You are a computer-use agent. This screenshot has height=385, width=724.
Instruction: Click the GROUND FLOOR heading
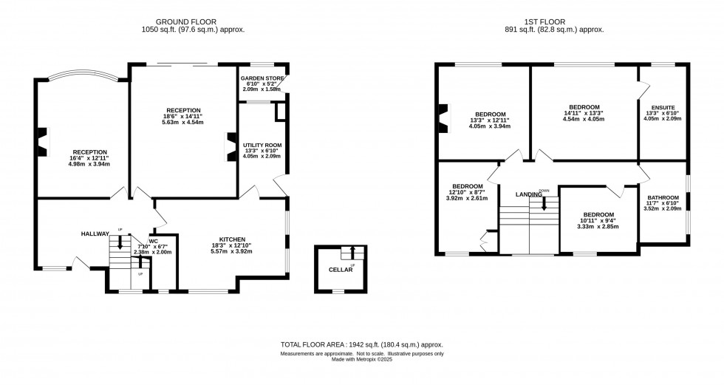click(x=193, y=21)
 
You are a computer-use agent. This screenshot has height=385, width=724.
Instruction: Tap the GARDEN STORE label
click(x=262, y=77)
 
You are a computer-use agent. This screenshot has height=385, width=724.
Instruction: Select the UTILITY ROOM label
click(x=262, y=146)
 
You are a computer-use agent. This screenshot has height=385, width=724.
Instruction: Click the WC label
click(x=153, y=240)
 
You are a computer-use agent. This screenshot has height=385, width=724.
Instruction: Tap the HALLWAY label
click(x=95, y=234)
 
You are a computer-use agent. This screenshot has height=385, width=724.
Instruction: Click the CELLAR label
click(x=341, y=270)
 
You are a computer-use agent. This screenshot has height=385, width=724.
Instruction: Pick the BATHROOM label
click(x=663, y=197)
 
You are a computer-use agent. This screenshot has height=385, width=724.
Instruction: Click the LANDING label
click(x=529, y=194)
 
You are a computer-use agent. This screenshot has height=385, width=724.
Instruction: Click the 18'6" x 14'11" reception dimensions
click(x=183, y=117)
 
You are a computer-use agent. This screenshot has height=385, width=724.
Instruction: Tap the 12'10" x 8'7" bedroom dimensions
click(x=468, y=192)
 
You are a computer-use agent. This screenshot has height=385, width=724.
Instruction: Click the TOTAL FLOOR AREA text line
click(x=361, y=344)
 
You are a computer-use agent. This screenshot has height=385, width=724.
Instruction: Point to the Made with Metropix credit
click(x=361, y=359)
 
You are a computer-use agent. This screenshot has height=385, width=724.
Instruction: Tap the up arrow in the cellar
click(x=352, y=253)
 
